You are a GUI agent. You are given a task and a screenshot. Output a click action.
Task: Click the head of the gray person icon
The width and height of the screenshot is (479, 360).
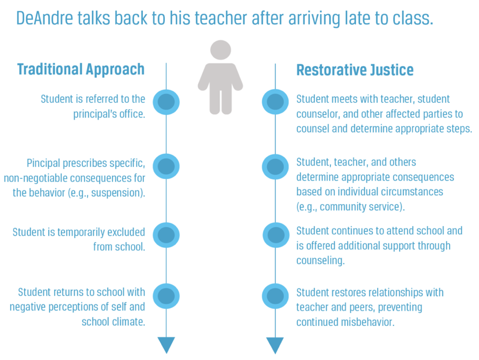[x=221, y=50]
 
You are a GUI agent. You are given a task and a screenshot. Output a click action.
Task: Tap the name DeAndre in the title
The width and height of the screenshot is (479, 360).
[x=45, y=18]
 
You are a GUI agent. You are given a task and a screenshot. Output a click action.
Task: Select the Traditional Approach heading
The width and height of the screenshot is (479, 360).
[x=81, y=69]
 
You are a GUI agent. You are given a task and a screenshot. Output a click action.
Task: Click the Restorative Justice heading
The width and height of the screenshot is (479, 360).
[x=355, y=70]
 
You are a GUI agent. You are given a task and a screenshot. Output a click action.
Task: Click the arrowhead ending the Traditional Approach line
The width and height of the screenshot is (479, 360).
[x=166, y=345]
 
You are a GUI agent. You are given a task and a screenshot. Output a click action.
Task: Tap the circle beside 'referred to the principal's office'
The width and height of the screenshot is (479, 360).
[x=166, y=102]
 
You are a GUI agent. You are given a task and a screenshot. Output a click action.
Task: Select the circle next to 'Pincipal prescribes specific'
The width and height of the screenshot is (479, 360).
[x=166, y=166]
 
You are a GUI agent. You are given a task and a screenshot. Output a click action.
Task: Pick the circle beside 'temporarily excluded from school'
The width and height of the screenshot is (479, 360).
[x=166, y=235]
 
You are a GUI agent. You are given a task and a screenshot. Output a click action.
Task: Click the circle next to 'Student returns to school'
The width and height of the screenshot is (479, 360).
[x=166, y=296]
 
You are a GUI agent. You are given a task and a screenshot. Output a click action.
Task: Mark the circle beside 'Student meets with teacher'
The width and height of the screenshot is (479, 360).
[x=275, y=102]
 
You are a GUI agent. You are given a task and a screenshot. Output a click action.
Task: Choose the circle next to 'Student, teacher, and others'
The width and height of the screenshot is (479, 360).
[x=275, y=167]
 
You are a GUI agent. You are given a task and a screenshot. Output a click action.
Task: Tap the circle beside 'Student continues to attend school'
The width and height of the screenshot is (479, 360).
[x=276, y=235]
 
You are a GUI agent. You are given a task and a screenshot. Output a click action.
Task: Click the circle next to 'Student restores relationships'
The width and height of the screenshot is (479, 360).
[x=275, y=296]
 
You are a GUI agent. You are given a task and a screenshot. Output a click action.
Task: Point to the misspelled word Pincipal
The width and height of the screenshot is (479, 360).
[x=44, y=163]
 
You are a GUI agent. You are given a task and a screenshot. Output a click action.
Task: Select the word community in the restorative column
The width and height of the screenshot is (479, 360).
[x=343, y=207]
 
